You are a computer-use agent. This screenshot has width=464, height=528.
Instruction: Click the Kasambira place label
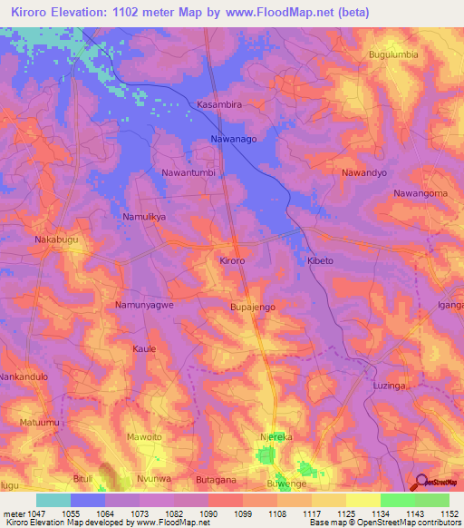[219, 105]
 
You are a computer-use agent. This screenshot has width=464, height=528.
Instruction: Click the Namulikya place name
[144, 217]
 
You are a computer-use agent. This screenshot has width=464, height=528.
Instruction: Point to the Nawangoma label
[420, 193]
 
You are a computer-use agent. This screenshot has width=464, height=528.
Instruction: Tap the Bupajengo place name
[253, 308]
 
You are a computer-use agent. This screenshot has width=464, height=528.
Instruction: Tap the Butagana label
[217, 479]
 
